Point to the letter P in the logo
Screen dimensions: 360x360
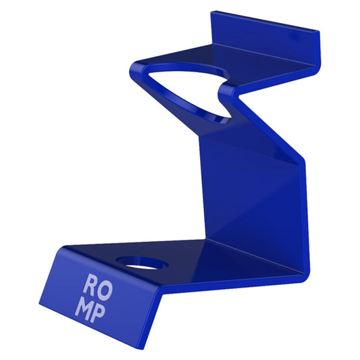tap(102, 311)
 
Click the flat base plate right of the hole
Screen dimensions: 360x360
tap(203, 260)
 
